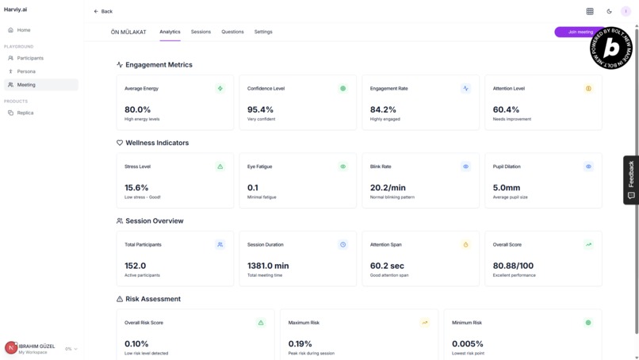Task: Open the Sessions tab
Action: (x=201, y=32)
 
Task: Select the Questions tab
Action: (x=232, y=32)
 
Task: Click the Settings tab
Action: (x=263, y=32)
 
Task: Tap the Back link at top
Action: (x=103, y=11)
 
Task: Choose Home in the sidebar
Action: (x=24, y=30)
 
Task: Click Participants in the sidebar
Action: (x=30, y=58)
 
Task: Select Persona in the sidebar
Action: (x=26, y=71)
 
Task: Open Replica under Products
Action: (x=25, y=113)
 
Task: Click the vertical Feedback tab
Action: (x=631, y=180)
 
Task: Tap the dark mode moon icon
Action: (x=609, y=11)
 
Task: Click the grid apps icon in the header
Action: (x=590, y=11)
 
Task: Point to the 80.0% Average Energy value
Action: (x=137, y=109)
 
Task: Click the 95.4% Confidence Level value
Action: (x=260, y=109)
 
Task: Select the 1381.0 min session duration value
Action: (x=268, y=266)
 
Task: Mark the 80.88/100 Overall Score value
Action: (x=513, y=266)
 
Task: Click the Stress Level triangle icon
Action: (x=220, y=167)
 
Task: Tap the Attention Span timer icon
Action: (x=465, y=244)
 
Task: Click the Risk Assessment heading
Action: (x=153, y=299)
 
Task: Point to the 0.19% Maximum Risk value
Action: (x=300, y=343)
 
